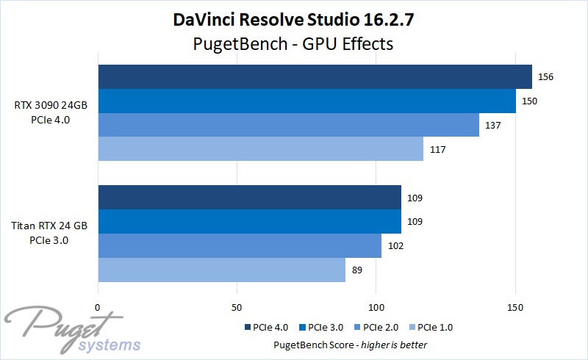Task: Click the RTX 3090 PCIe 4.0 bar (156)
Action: [x=315, y=76]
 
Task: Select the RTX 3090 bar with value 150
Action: [x=306, y=101]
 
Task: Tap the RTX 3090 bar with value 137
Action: [x=288, y=125]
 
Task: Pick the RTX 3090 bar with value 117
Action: [x=260, y=149]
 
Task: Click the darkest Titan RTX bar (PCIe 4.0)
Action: [x=249, y=197]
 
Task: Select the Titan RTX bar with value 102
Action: [x=240, y=245]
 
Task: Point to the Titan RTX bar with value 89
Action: [x=221, y=270]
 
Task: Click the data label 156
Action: [x=545, y=77]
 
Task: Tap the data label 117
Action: [x=437, y=150]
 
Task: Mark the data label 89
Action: [x=358, y=270]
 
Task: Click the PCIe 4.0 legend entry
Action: [x=266, y=327]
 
